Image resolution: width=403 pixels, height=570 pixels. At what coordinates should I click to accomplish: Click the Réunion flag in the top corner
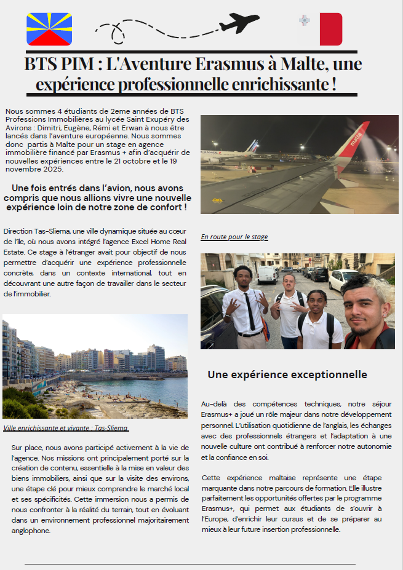(x=49, y=29)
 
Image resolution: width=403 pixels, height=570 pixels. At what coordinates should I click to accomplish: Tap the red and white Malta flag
(x=321, y=29)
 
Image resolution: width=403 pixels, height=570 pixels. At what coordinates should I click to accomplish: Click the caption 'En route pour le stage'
(x=234, y=237)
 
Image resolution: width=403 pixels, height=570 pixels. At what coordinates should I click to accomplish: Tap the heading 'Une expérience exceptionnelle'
(x=287, y=374)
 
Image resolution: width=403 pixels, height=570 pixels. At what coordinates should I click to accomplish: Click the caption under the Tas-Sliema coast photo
(x=66, y=428)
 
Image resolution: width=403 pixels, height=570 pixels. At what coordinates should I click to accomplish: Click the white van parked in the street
(x=268, y=274)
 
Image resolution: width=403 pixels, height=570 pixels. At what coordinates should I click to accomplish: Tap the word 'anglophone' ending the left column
(x=31, y=531)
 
